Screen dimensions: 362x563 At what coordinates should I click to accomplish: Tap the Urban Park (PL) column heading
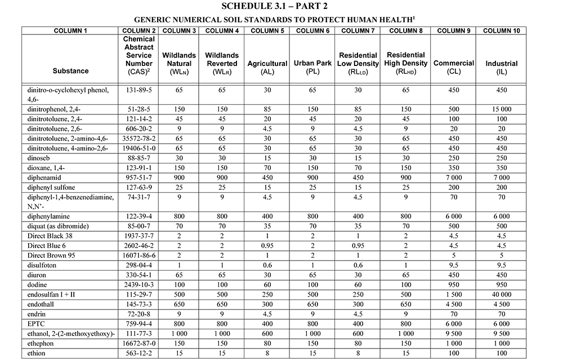[312, 68]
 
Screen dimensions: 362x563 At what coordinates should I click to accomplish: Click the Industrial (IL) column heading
[499, 68]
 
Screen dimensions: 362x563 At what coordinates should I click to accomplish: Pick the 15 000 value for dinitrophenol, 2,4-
[499, 108]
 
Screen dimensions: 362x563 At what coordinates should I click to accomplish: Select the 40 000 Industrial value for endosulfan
[499, 294]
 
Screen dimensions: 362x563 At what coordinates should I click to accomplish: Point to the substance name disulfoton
[44, 265]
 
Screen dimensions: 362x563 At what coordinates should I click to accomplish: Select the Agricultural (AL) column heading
[267, 68]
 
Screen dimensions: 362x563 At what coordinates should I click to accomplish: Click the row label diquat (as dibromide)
[57, 226]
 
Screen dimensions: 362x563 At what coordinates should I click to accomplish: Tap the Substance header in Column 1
[70, 71]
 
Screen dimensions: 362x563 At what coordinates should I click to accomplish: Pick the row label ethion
[36, 354]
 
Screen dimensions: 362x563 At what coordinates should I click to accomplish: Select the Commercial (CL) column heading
[453, 68]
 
